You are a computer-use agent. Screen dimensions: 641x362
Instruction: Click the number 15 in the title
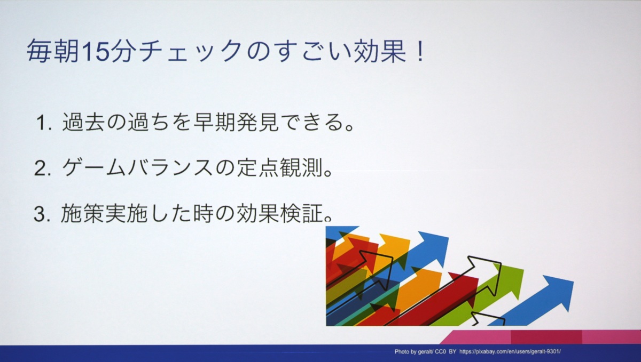[x=95, y=51]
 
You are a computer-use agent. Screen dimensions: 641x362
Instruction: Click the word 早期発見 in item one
[x=236, y=122]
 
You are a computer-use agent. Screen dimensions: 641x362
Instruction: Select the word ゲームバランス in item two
[x=138, y=167]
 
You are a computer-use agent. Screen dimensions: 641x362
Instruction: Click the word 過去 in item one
[x=84, y=122]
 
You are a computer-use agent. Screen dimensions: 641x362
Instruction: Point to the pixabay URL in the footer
[x=510, y=352]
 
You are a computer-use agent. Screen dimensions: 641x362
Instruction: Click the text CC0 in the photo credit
[x=440, y=352]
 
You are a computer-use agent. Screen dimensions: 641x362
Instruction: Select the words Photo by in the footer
[x=405, y=352]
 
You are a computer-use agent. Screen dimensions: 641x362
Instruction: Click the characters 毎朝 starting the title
[x=53, y=51]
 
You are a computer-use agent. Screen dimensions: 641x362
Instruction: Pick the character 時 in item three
[x=203, y=213]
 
